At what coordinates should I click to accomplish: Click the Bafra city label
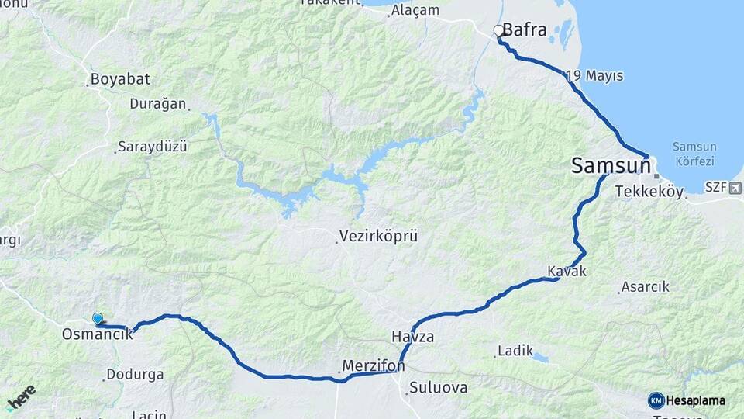point(525,31)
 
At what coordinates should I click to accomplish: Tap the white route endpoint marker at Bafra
point(499,31)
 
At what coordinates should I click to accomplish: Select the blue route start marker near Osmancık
point(98,319)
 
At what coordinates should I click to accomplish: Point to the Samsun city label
point(610,164)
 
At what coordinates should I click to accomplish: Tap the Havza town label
point(412,338)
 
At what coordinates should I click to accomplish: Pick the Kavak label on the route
point(567,271)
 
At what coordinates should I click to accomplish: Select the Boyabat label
point(120,79)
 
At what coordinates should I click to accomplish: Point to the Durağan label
point(158,103)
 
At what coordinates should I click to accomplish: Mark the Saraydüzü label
point(153,147)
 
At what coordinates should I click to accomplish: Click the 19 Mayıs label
point(595,76)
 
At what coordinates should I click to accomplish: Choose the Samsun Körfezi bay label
point(694,154)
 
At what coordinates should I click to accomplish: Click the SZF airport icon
point(734,187)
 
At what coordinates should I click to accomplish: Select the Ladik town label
point(515,351)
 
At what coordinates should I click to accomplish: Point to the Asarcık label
point(646,287)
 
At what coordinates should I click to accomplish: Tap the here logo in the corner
point(21,398)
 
